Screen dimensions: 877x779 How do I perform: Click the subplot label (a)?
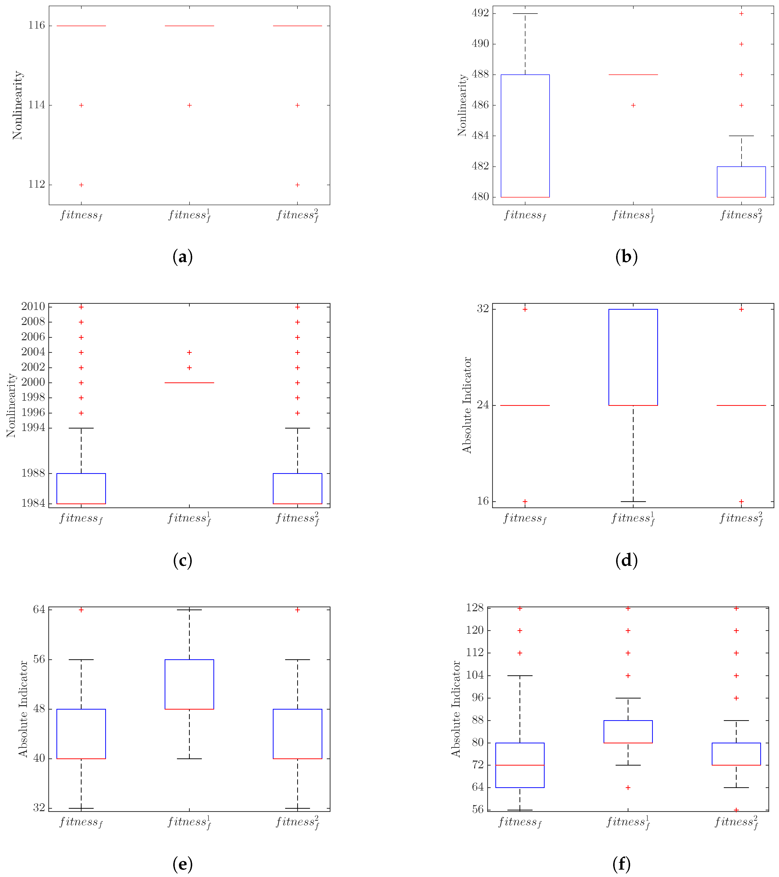(182, 257)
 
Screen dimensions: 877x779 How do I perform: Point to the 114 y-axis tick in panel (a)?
(36, 105)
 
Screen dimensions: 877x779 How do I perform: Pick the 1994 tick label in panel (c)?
(33, 428)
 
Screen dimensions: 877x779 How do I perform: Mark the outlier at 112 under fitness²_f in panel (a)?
(297, 185)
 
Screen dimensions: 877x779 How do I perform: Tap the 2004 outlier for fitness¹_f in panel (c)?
(189, 352)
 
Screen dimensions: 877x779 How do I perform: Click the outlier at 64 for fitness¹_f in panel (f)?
(628, 787)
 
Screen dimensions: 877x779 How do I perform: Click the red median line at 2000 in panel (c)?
(189, 382)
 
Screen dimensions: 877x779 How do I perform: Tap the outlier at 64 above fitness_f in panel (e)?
(81, 609)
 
